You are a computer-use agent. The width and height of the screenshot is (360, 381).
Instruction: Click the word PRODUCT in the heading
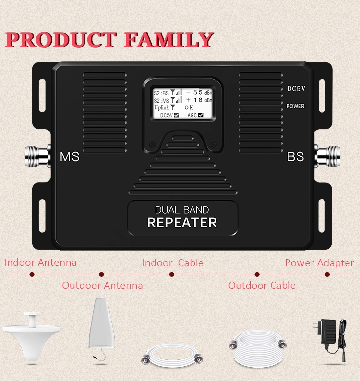(x=61, y=39)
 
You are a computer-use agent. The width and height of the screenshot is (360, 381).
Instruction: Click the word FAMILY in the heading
(x=168, y=39)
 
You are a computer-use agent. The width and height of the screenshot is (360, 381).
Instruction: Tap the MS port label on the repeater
(x=70, y=157)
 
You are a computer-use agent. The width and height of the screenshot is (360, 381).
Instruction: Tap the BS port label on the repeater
(x=295, y=157)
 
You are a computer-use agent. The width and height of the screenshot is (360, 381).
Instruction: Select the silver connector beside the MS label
(x=37, y=156)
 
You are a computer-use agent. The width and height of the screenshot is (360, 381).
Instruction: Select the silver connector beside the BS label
(x=327, y=156)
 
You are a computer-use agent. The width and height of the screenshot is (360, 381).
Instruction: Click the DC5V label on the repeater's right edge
(x=296, y=89)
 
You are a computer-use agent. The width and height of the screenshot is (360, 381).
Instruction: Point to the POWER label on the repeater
(x=295, y=106)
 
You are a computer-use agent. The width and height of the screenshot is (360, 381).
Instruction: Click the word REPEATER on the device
(x=182, y=223)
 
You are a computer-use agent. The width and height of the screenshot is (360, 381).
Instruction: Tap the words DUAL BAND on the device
(x=182, y=210)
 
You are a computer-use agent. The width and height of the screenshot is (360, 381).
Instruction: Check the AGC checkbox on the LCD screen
(x=201, y=115)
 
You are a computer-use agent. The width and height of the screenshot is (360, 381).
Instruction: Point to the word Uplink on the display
(x=161, y=107)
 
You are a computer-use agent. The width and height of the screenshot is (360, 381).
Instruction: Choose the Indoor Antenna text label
(x=41, y=262)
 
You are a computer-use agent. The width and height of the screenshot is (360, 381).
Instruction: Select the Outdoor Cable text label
(x=262, y=285)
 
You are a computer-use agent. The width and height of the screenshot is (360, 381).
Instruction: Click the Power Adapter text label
(x=319, y=263)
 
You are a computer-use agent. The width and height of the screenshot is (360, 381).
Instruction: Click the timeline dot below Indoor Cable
(x=172, y=274)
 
